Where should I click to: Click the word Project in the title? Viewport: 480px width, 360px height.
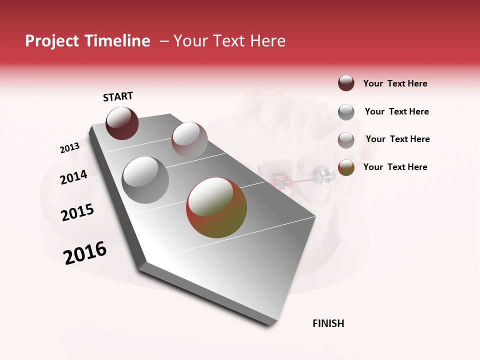point(51,41)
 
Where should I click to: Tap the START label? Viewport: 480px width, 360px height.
point(118,96)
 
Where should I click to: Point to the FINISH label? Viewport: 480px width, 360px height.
point(328,323)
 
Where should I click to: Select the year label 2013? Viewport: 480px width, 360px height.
point(69,148)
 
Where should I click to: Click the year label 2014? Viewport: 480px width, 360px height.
point(74,177)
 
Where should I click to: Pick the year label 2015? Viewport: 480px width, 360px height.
point(77,212)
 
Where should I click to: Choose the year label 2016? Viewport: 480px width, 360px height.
point(85,253)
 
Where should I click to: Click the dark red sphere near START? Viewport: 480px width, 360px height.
point(122,123)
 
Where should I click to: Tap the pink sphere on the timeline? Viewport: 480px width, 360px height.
point(189,139)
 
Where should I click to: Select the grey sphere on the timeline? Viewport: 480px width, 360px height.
point(145,180)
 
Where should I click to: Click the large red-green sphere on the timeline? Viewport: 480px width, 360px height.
point(216,207)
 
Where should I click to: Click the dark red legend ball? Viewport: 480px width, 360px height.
point(346,83)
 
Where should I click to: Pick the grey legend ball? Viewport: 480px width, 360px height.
point(346,112)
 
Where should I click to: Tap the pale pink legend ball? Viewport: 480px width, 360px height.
point(346,140)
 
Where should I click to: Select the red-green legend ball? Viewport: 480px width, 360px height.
point(346,167)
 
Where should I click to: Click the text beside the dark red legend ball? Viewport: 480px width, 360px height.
point(395,83)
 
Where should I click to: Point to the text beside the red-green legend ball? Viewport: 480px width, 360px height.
point(395,167)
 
